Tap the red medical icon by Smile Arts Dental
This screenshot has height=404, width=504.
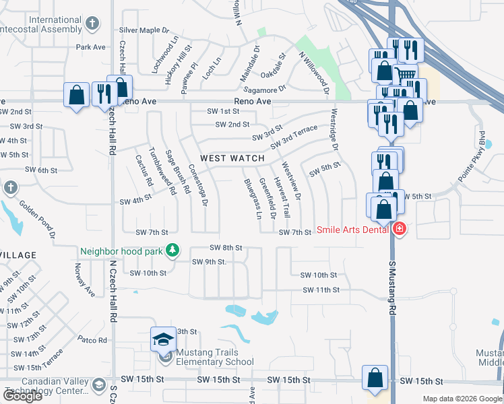pyautogui.click(x=400, y=229)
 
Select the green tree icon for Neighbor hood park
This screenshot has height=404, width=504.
pyautogui.click(x=173, y=250)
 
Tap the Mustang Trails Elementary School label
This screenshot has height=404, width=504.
pyautogui.click(x=215, y=357)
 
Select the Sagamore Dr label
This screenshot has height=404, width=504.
pyautogui.click(x=264, y=88)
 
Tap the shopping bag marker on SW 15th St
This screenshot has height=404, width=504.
pyautogui.click(x=375, y=379)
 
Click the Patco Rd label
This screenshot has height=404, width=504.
pyautogui.click(x=92, y=340)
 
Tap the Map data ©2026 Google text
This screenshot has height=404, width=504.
pyautogui.click(x=462, y=398)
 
